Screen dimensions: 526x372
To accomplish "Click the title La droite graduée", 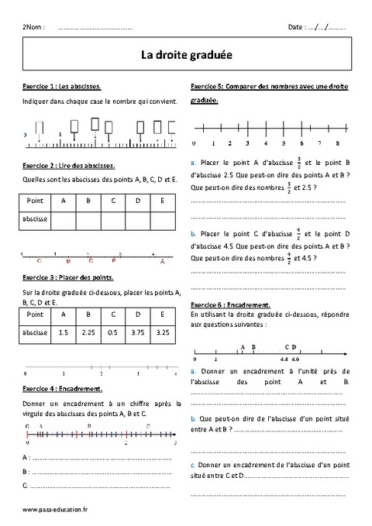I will pos(185,55).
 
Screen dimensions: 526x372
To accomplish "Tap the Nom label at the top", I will pos(36,27).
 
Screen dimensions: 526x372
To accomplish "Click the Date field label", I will pos(296,27).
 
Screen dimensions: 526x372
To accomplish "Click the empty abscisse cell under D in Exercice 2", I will pos(137,220).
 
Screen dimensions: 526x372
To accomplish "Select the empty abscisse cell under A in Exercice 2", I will pos(64,220).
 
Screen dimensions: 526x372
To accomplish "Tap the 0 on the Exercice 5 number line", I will pos(193,144).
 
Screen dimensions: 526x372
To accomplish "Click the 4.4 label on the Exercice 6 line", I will pos(284,360).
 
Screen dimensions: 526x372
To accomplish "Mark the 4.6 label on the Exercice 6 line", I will pos(295,360).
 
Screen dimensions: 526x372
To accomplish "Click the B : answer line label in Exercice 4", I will pos(27,471).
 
